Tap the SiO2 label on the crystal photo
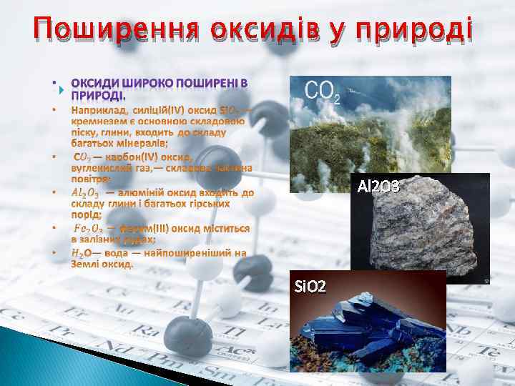pyautogui.click(x=311, y=287)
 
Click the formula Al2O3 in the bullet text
pyautogui.click(x=86, y=192)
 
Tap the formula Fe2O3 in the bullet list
pyautogui.click(x=89, y=228)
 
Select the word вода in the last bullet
pyautogui.click(x=115, y=252)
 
